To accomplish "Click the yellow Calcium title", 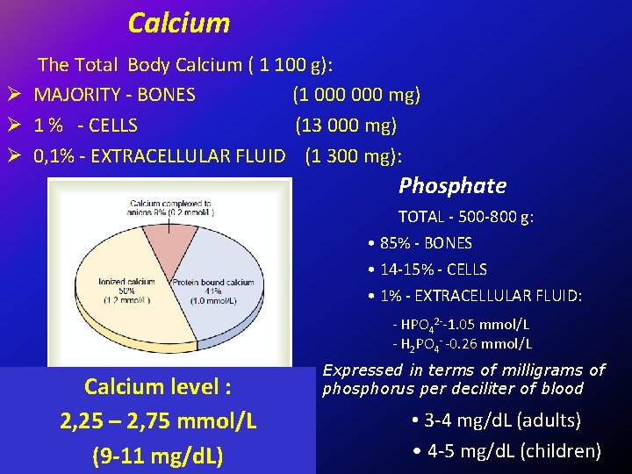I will tap(179, 23).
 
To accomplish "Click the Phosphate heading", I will tap(452, 186).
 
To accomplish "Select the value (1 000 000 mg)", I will tap(356, 95).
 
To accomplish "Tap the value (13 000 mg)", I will tap(346, 126).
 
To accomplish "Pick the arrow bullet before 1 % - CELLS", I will tap(13, 126).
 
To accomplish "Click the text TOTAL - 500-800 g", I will tap(466, 217).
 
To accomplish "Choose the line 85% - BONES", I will tap(420, 243).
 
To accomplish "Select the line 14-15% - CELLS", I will tap(427, 269).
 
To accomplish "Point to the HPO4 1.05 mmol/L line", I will tap(462, 326).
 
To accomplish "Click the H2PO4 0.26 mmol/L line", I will tap(462, 344).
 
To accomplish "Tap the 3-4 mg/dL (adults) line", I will tap(496, 420).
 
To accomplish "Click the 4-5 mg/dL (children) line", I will tap(506, 451).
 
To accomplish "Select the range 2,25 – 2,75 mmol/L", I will tap(158, 421).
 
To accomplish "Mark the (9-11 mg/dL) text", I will tap(158, 456).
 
